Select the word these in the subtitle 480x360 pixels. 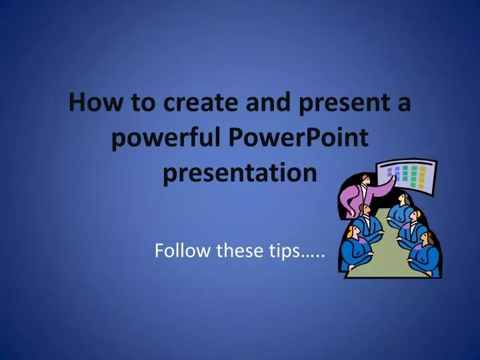(x=242, y=251)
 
